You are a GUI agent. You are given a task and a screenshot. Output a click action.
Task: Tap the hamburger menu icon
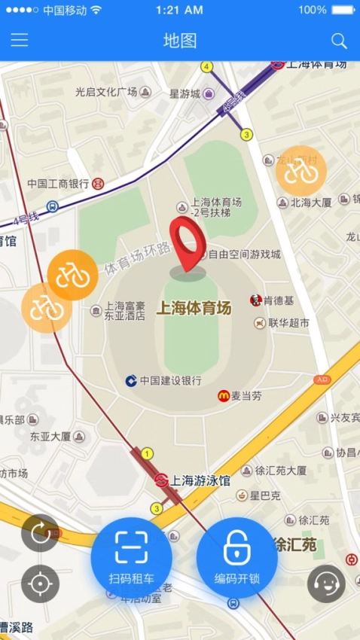pos(19,41)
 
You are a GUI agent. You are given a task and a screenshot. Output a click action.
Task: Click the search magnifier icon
pos(339,41)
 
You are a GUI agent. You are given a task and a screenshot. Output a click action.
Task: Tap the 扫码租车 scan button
pos(131,558)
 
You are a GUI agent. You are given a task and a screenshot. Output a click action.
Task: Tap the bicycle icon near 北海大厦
pos(301,171)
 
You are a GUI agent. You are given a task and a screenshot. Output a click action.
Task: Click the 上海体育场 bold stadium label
pos(194,307)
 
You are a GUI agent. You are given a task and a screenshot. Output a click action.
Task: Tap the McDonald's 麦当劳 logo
pos(224,395)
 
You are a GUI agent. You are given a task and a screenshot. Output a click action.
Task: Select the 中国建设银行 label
pos(170,381)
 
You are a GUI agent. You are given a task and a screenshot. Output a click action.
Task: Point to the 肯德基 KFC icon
pos(256,300)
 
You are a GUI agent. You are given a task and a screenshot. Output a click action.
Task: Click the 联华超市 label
pos(288,323)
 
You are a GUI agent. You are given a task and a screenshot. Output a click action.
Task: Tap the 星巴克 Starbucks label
pos(265,495)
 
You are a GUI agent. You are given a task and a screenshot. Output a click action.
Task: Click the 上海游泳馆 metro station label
pos(199,480)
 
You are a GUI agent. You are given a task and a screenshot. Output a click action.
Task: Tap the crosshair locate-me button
pos(40,584)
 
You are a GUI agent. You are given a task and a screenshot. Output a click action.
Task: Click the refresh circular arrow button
pos(40,533)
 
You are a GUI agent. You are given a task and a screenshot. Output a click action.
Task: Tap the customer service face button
pos(326,584)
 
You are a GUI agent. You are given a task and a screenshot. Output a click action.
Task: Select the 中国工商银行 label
pos(58,183)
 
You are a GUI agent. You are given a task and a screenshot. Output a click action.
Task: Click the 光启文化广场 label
pos(106,92)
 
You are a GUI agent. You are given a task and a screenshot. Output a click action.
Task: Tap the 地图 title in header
pos(180,41)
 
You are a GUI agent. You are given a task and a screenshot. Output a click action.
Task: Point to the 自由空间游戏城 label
pos(244,254)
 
